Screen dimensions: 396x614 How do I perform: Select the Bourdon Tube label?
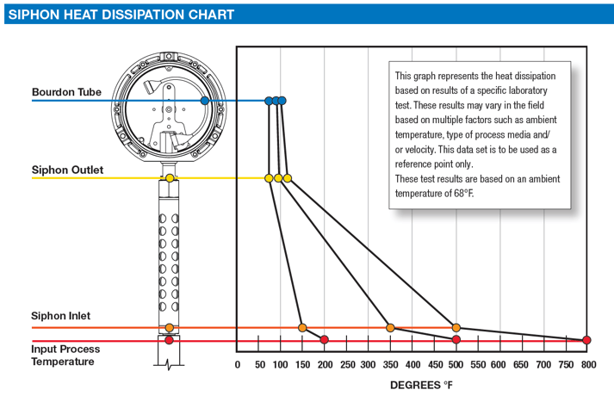pyautogui.click(x=66, y=92)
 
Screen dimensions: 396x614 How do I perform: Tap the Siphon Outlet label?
pyautogui.click(x=67, y=170)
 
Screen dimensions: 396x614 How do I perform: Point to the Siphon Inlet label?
pyautogui.click(x=61, y=317)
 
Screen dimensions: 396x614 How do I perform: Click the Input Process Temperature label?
pyautogui.click(x=65, y=356)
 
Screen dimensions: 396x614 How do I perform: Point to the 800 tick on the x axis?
pyautogui.click(x=586, y=365)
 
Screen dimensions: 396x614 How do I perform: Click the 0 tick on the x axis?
pyautogui.click(x=238, y=365)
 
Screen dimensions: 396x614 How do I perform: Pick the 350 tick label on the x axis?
pyautogui.click(x=390, y=365)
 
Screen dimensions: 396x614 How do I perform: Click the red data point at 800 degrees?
pyautogui.click(x=586, y=340)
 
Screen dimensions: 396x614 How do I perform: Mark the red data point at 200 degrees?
pyautogui.click(x=325, y=340)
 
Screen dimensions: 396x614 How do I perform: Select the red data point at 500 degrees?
pyautogui.click(x=456, y=340)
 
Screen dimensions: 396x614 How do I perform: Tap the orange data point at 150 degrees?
pyautogui.click(x=302, y=328)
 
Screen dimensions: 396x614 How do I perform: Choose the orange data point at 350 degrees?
pyautogui.click(x=390, y=328)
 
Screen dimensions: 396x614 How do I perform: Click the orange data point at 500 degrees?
pyautogui.click(x=456, y=328)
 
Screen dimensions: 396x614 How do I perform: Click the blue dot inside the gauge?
pyautogui.click(x=204, y=101)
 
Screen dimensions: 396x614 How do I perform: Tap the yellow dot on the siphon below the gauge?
pyautogui.click(x=170, y=178)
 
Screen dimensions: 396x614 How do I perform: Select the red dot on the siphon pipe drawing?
pyautogui.click(x=170, y=340)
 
